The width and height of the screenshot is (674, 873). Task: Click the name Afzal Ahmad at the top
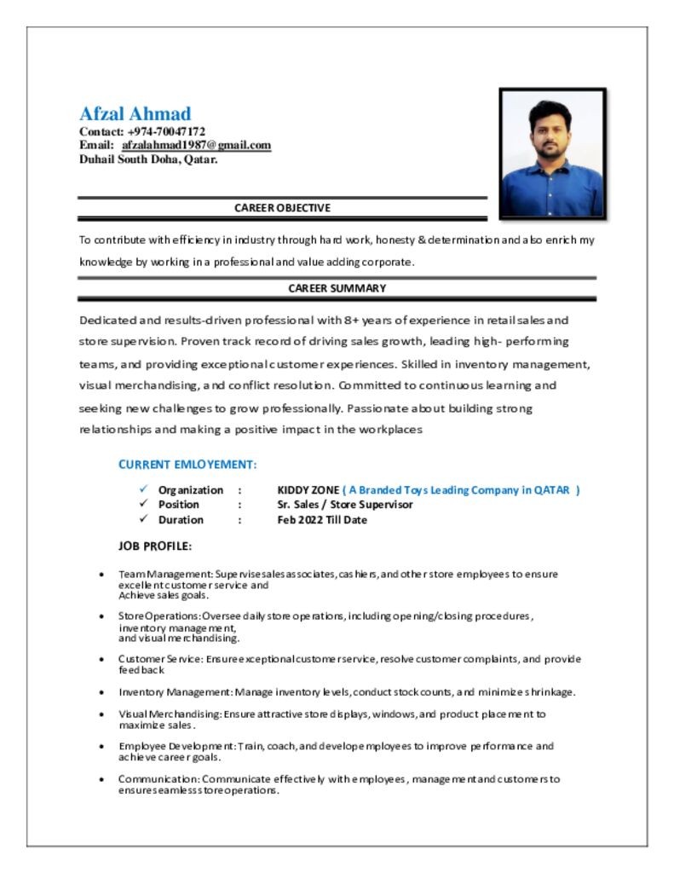[135, 113]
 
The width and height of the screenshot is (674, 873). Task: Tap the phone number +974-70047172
[166, 132]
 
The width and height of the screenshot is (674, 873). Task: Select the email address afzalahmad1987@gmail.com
[202, 146]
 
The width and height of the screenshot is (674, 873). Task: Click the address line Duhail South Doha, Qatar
[148, 159]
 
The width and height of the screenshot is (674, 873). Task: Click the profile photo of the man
[552, 153]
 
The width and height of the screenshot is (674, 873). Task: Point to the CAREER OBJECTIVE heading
[282, 208]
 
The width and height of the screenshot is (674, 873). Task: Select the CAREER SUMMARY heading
[337, 288]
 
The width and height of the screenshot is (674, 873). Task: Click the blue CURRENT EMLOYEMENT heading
[187, 465]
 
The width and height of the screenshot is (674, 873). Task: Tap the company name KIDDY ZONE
[308, 490]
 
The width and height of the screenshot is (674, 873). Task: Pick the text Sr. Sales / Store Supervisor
[345, 505]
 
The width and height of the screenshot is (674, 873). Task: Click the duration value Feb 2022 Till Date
[322, 520]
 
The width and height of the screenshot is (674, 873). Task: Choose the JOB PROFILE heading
[155, 546]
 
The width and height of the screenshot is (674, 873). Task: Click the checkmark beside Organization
[143, 489]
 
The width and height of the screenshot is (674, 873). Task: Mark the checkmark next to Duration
[143, 519]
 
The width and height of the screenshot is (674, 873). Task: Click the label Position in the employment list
[178, 505]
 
